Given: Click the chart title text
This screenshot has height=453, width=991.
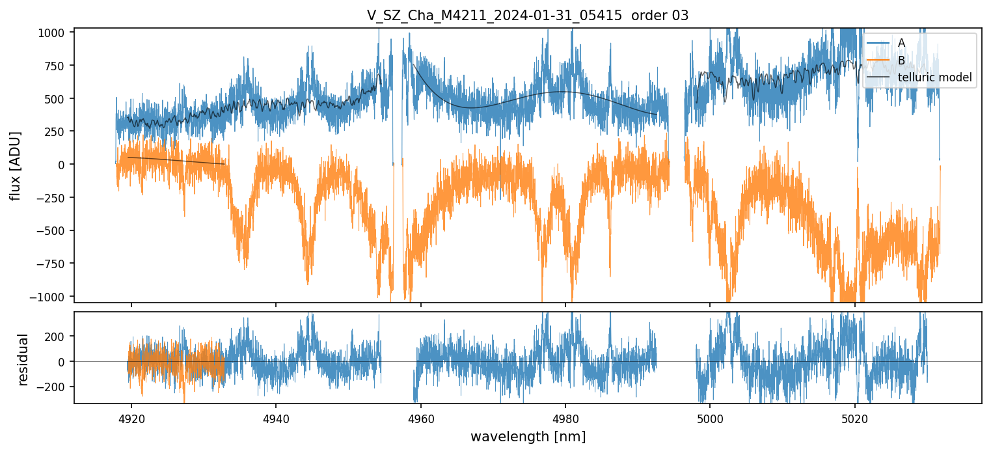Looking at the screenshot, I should click(527, 16).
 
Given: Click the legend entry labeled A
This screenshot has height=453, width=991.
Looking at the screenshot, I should click(901, 43).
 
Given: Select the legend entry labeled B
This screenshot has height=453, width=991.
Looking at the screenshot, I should click(901, 61).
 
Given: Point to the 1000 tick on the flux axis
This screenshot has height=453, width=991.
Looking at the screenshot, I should click(55, 33).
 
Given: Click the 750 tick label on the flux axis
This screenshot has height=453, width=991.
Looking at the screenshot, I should click(57, 66).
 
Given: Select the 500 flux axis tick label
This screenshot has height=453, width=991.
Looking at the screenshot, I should click(57, 99).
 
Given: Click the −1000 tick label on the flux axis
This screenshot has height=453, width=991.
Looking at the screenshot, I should click(51, 297).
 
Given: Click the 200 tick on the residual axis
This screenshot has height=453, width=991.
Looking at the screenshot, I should click(57, 336).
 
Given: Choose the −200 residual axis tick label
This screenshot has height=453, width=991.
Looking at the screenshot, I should click(54, 387).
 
